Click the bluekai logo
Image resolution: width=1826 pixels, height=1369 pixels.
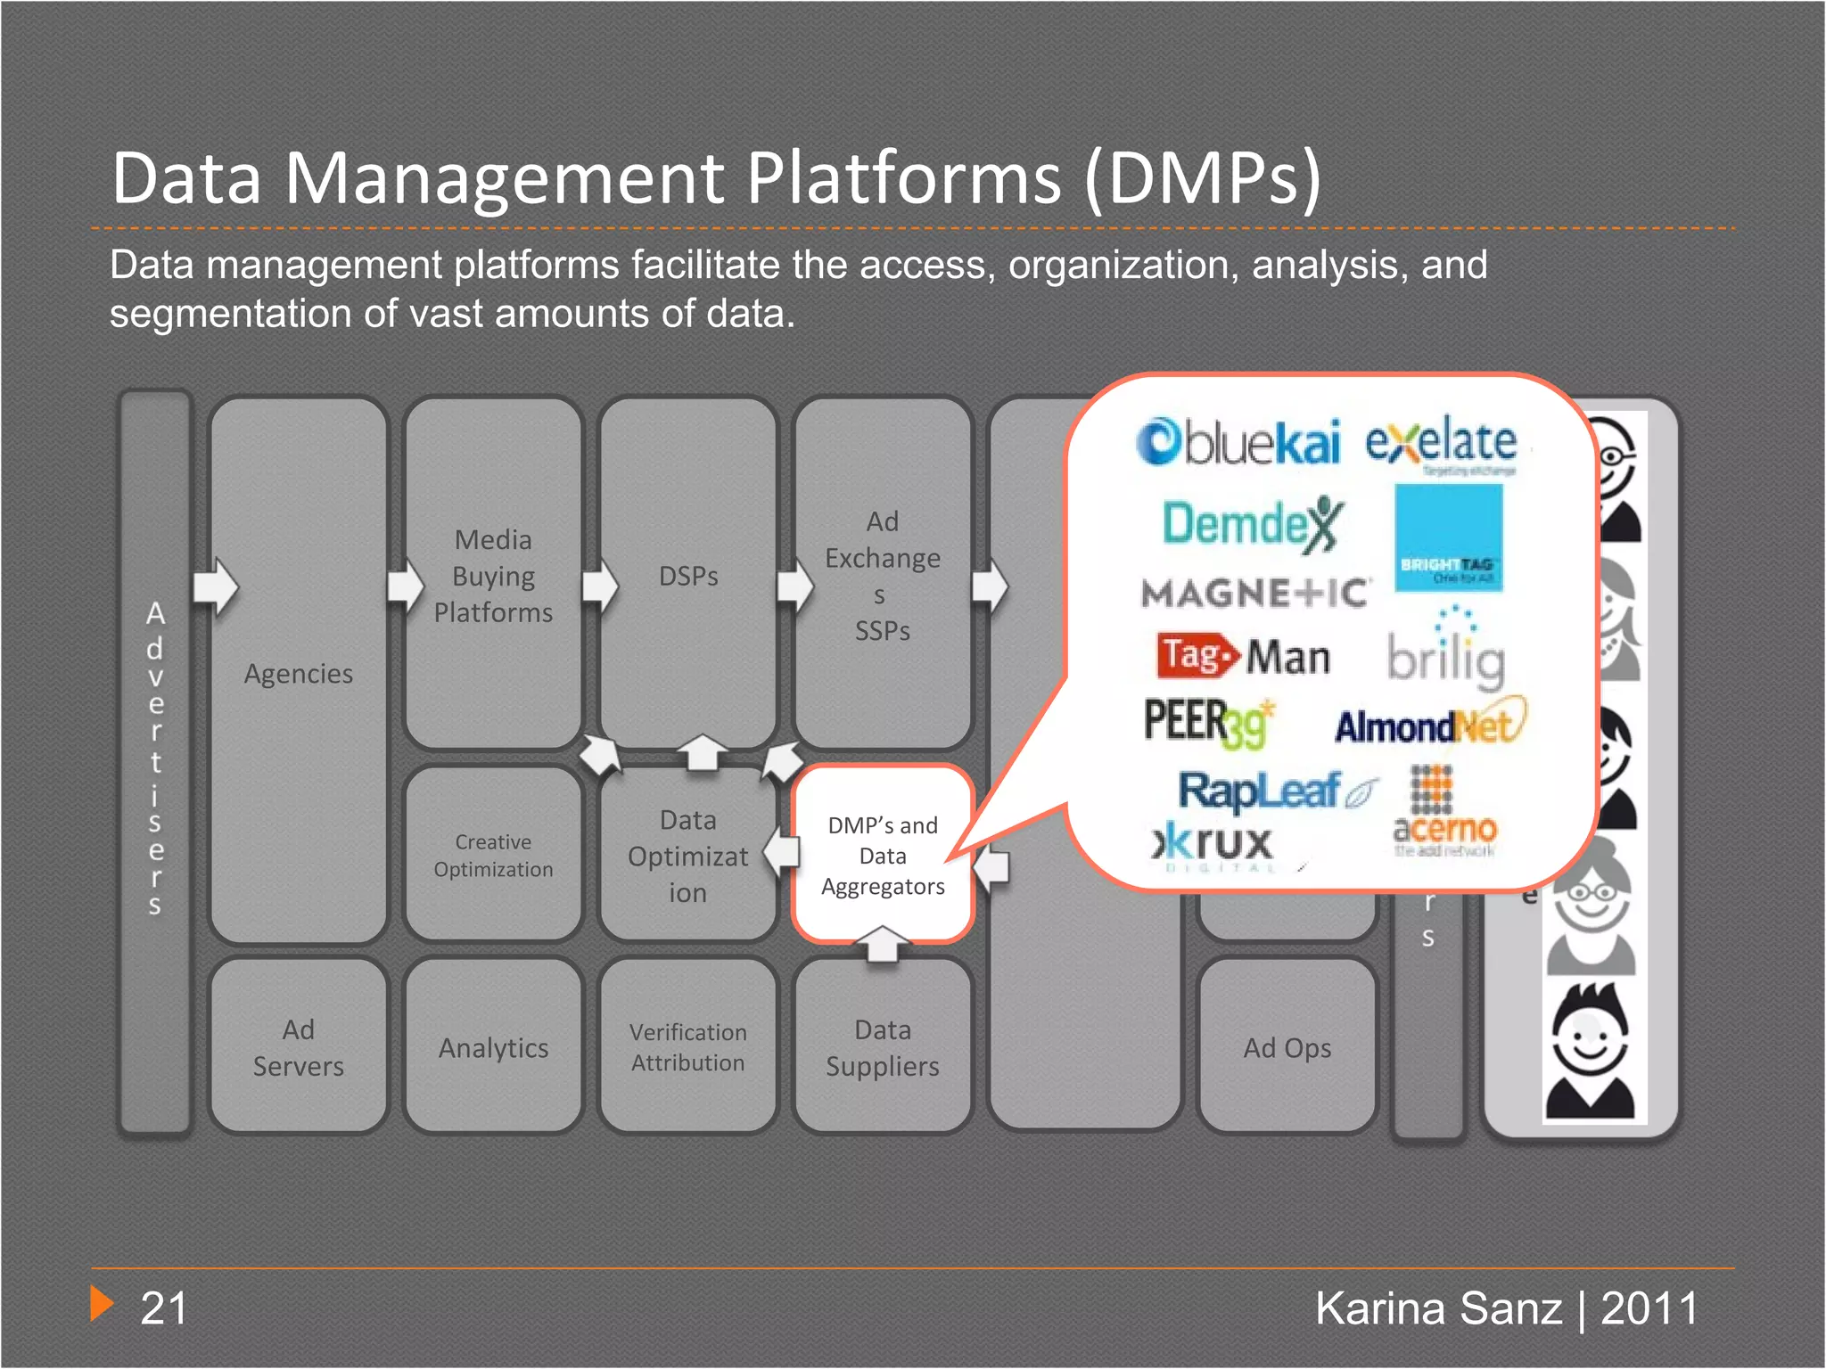point(1238,442)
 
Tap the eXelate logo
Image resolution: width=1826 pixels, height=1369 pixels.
point(1441,443)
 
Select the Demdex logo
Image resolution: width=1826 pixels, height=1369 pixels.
point(1251,523)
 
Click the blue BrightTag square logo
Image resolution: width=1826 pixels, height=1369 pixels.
point(1449,537)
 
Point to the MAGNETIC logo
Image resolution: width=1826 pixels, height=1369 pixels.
point(1254,594)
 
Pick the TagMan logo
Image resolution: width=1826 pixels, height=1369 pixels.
point(1244,657)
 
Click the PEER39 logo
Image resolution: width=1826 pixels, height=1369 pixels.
point(1208,722)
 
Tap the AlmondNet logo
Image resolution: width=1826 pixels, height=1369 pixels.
point(1429,725)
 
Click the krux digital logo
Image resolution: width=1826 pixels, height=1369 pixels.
point(1213,845)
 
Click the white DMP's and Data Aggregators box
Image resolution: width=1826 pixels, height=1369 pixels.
point(883,855)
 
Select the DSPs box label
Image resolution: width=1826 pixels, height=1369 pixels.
point(688,577)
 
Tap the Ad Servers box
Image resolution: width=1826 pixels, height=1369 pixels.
point(298,1047)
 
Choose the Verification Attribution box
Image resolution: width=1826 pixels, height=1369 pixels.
point(687,1047)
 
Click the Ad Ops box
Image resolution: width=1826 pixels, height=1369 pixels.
point(1287,1047)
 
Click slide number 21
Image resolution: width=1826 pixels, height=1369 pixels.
point(164,1308)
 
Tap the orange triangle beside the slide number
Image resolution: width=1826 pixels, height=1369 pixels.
point(102,1304)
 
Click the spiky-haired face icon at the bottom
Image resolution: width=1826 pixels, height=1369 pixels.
point(1590,1053)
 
